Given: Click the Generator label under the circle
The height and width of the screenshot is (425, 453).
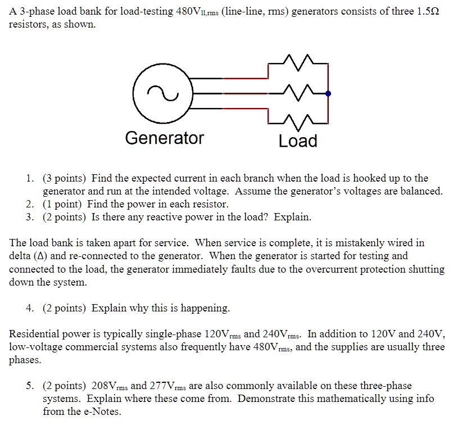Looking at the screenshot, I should click(x=164, y=138).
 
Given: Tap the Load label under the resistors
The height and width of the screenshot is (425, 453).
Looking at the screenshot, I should click(x=298, y=141).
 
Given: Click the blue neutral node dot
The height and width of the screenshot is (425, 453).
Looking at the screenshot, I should click(x=328, y=94).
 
